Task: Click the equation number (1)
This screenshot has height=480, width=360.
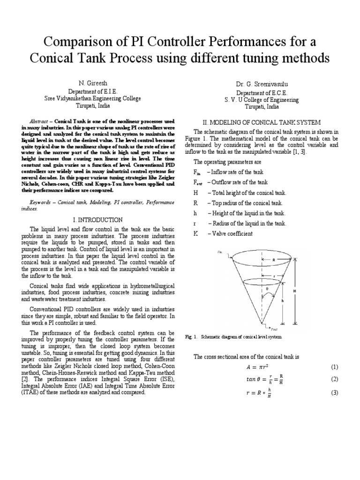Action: [334, 366]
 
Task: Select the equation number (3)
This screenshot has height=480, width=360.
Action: [334, 392]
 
